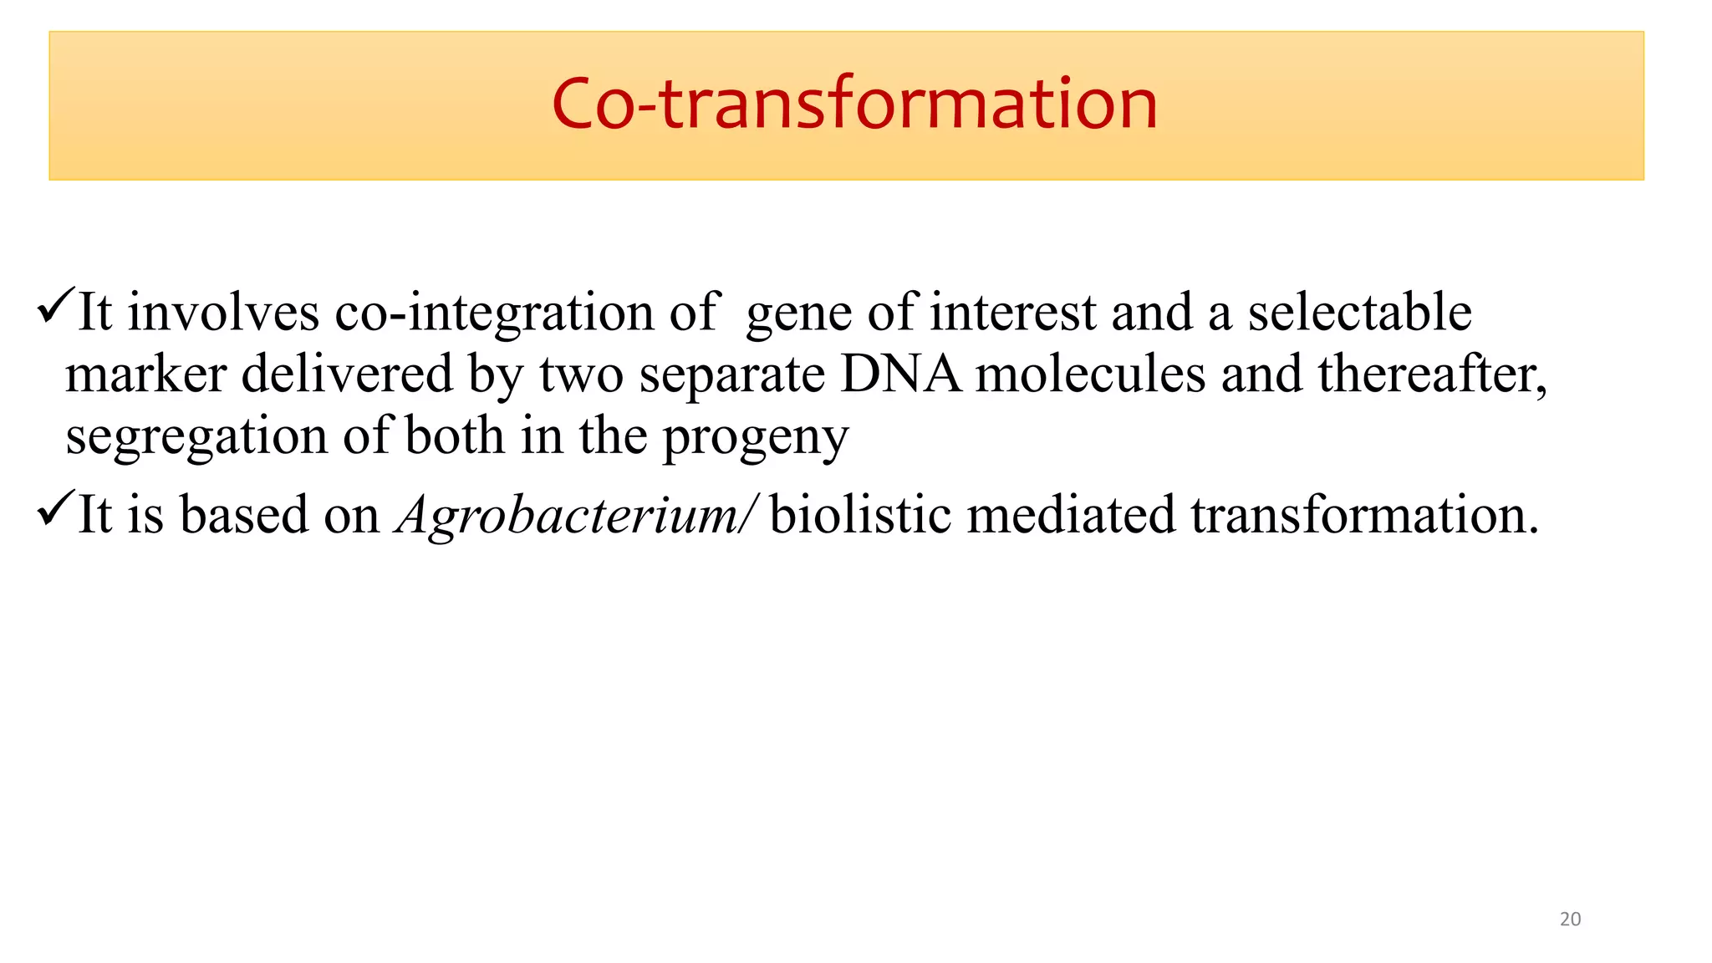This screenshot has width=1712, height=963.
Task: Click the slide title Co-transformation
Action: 854,104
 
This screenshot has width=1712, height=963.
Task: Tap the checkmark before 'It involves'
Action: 56,307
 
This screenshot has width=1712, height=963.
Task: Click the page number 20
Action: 1570,919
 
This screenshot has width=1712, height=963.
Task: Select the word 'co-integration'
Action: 494,313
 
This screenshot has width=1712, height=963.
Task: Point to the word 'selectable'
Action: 1359,313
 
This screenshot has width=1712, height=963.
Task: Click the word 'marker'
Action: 146,374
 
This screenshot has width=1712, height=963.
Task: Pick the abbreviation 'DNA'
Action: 900,374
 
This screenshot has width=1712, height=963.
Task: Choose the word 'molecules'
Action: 1091,374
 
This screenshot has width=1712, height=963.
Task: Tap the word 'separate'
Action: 732,374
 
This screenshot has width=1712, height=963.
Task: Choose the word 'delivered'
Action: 347,374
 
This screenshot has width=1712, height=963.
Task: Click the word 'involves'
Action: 223,313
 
